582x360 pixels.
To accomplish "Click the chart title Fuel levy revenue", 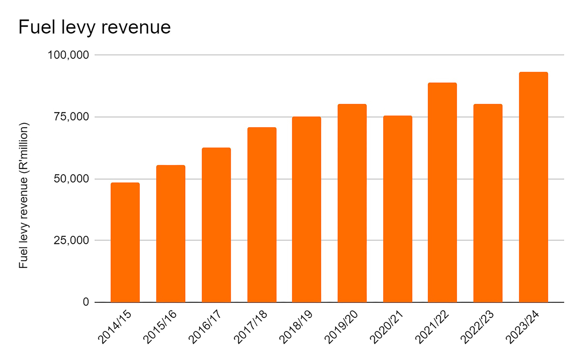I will [x=94, y=27].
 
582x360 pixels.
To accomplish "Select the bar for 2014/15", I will [x=125, y=242].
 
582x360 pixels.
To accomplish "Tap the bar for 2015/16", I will [x=170, y=234].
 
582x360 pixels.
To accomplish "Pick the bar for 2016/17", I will [x=216, y=225].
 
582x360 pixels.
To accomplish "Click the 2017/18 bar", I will [x=261, y=215].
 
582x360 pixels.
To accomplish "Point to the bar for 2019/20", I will [x=352, y=203].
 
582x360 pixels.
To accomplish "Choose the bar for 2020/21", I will [x=397, y=209].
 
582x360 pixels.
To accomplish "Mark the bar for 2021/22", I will [x=442, y=192].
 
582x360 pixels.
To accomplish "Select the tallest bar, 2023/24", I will [x=533, y=187].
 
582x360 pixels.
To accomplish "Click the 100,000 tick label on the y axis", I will [x=69, y=55].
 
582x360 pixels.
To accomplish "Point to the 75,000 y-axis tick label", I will [x=72, y=117].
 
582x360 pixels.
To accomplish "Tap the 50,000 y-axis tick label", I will [x=72, y=179].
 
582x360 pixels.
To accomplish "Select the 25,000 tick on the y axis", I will [x=72, y=240].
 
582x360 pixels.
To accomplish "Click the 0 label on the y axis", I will [x=86, y=302].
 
